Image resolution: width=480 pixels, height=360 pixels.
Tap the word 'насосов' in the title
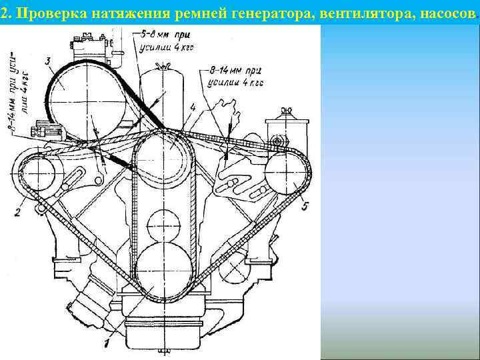439,14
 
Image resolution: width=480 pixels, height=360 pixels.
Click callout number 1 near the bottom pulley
106,343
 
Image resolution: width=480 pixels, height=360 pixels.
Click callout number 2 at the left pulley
18,213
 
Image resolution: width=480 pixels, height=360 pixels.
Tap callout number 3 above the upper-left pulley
48,62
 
